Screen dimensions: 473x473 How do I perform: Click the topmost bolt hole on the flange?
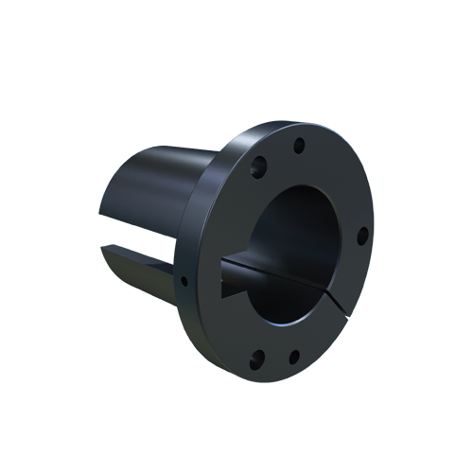(x=299, y=145)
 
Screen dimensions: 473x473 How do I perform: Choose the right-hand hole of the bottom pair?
(x=293, y=357)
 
